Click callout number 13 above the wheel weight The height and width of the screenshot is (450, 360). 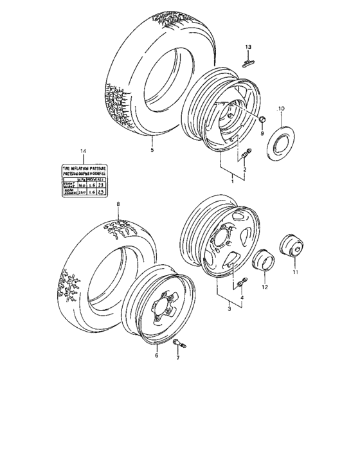pos(250,47)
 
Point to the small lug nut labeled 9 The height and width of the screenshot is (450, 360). pos(262,121)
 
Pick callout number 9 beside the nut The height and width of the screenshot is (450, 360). pos(262,133)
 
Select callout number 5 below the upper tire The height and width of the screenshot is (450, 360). pos(152,150)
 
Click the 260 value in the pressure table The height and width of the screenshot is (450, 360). pos(82,191)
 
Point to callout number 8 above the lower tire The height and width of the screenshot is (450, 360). pos(118,205)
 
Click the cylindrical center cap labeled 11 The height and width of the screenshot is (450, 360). pos(292,248)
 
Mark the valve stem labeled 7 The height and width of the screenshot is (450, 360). pos(180,346)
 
